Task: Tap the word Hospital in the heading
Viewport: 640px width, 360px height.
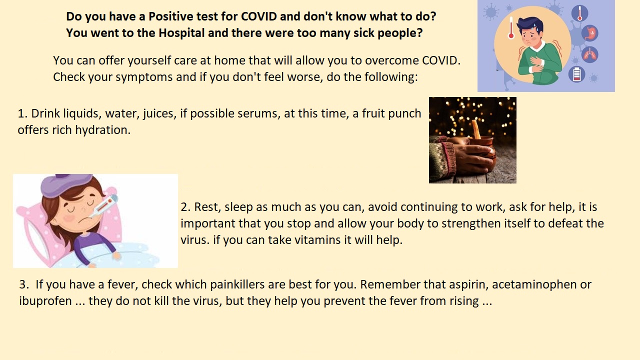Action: tap(181, 33)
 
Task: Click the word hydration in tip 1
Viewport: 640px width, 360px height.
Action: tap(103, 130)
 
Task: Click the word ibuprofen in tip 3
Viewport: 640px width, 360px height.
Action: tap(45, 301)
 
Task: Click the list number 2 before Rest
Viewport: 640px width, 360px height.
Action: tap(185, 207)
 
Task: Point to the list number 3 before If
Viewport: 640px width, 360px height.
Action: tap(24, 284)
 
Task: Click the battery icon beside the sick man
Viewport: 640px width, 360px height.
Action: tap(576, 74)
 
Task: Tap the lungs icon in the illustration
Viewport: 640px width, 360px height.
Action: tap(589, 54)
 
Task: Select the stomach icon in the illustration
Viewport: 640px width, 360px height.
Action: tap(589, 33)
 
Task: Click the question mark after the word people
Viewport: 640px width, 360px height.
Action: tap(419, 33)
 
